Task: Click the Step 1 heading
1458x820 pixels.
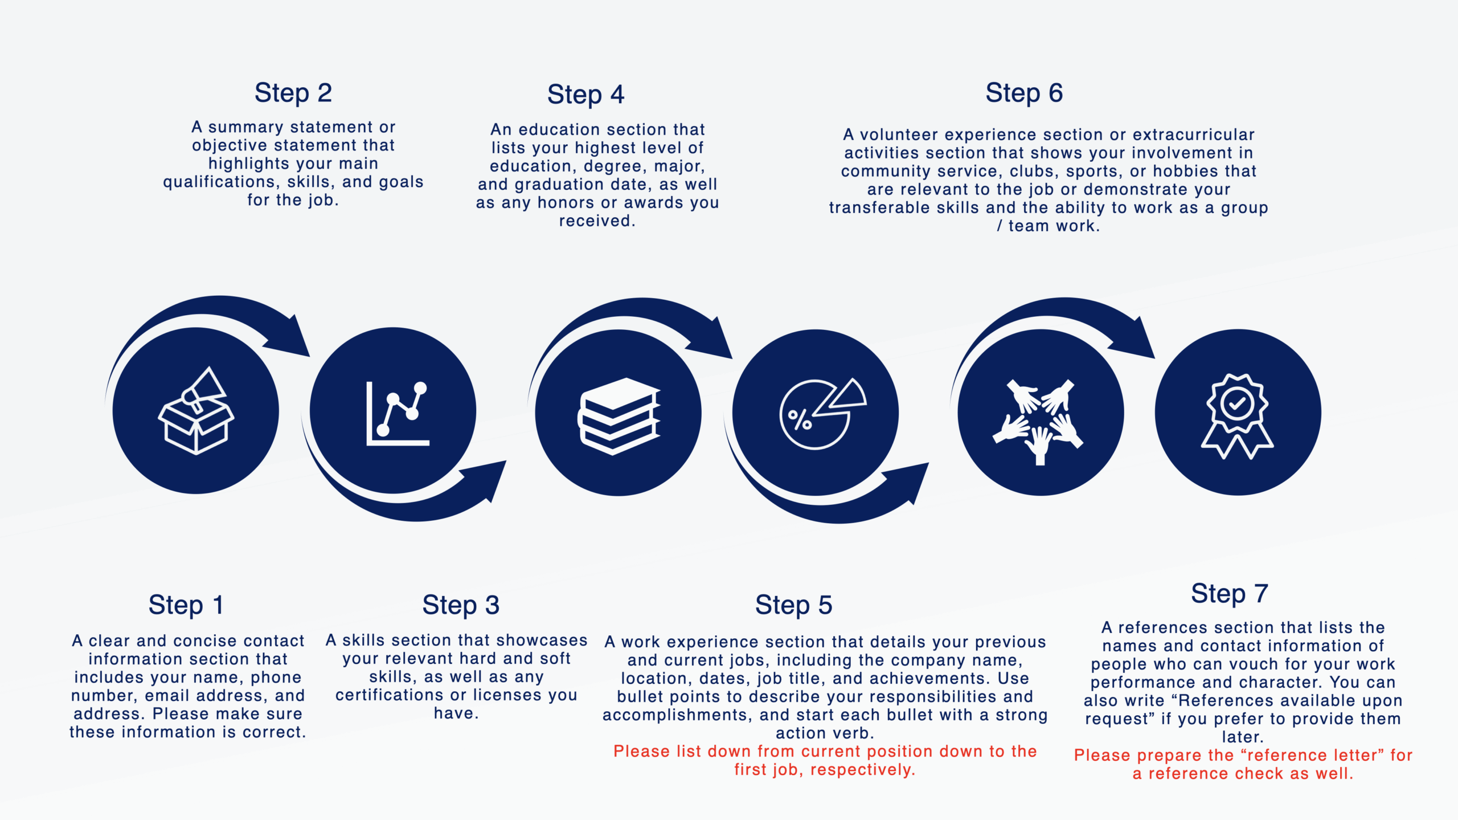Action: [x=186, y=605]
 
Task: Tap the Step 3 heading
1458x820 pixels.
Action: [x=461, y=605]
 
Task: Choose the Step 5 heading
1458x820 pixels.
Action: [x=794, y=605]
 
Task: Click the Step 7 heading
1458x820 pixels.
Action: [x=1230, y=594]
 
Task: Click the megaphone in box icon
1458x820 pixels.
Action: [x=196, y=410]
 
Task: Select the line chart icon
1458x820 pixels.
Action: [x=398, y=413]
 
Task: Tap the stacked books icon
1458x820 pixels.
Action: [x=619, y=416]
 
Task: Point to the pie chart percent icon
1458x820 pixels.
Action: [x=823, y=413]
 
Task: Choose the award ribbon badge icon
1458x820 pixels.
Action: [x=1238, y=416]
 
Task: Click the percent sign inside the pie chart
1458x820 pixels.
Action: [x=800, y=420]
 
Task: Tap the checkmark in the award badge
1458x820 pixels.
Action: [x=1237, y=404]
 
